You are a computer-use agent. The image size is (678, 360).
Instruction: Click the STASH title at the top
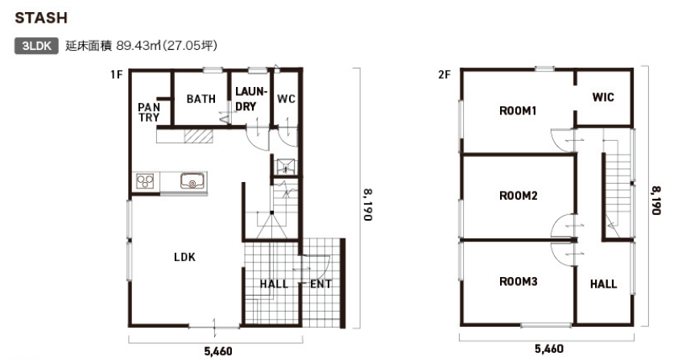[41, 18]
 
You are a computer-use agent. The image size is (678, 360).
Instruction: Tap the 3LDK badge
[36, 46]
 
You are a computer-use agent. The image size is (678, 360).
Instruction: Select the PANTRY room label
[149, 112]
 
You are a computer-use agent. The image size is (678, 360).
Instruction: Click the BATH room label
[201, 99]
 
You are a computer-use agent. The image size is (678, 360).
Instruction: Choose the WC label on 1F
[286, 99]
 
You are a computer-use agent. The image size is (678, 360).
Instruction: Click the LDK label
[184, 258]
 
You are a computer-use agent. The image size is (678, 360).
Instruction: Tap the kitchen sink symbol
[192, 180]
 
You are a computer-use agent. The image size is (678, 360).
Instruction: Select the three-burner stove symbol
[145, 180]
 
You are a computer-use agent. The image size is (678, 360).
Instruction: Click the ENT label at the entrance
[320, 283]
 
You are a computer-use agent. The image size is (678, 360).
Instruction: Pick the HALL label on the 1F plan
[274, 283]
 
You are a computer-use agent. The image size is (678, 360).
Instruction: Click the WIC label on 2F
[603, 97]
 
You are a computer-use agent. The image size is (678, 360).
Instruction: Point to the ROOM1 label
[518, 111]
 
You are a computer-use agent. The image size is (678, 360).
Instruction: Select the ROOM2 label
[519, 196]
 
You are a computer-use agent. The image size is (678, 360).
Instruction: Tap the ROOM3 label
[519, 282]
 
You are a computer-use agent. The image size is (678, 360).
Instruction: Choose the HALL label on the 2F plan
[604, 283]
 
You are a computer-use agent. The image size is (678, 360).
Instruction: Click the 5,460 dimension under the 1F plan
[218, 351]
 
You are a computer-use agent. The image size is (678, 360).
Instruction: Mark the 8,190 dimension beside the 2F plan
[656, 201]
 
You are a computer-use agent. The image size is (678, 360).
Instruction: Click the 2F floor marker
[444, 75]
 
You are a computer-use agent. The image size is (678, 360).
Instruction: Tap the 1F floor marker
[116, 75]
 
